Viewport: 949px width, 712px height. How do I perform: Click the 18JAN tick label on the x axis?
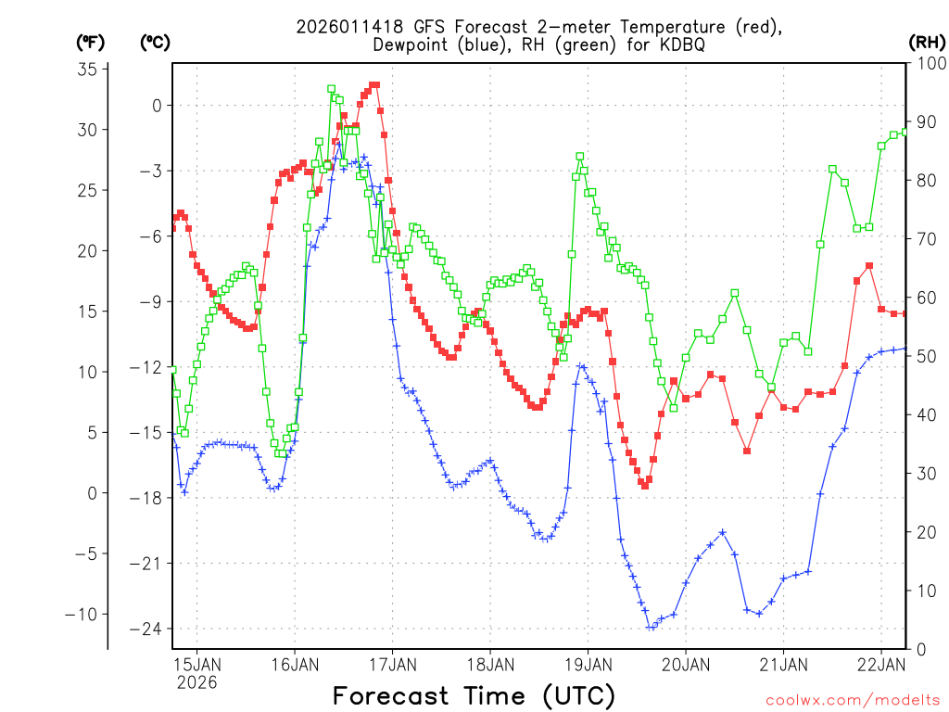coord(489,664)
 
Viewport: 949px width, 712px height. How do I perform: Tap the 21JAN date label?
coord(782,664)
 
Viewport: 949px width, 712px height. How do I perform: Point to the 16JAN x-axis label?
coord(295,664)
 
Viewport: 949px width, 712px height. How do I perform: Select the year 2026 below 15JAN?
coord(196,682)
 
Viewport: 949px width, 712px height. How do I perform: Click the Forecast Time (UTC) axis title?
coord(474,695)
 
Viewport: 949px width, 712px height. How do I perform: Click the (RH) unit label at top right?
coord(926,42)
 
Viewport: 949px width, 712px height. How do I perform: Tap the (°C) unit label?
coord(156,42)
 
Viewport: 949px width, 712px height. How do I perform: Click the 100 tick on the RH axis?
coord(928,63)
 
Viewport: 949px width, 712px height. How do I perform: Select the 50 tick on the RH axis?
coord(923,356)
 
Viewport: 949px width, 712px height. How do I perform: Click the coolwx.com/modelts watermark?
coord(852,699)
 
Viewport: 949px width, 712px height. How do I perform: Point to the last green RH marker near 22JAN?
coord(905,132)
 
